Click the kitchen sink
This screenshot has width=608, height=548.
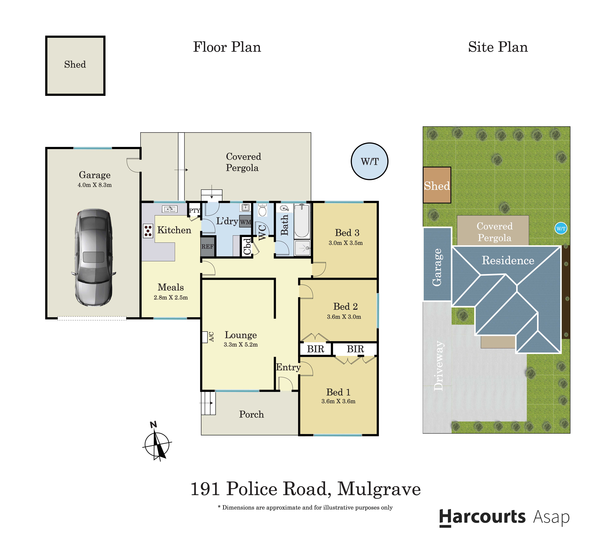(x=170, y=209)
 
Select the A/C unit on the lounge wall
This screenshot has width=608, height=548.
(x=205, y=337)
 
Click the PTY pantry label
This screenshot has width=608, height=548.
(x=194, y=210)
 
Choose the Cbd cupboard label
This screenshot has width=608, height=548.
(x=247, y=246)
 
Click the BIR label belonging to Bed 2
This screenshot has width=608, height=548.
(x=315, y=349)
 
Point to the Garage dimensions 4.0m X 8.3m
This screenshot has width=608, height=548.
(x=95, y=185)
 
